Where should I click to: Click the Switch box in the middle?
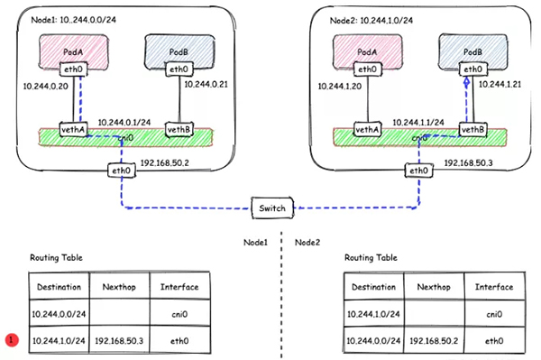click(270, 208)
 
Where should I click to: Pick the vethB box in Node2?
click(472, 129)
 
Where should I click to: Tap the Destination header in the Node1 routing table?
click(60, 287)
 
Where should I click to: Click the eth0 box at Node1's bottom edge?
click(120, 170)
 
